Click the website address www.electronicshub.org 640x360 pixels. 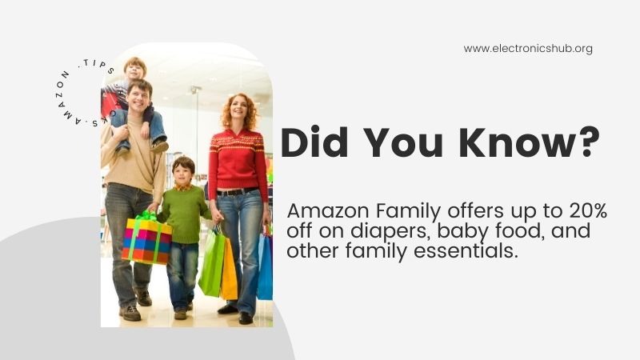pyautogui.click(x=528, y=49)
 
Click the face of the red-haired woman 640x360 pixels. pyautogui.click(x=238, y=111)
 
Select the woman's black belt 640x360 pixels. pyautogui.click(x=238, y=191)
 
